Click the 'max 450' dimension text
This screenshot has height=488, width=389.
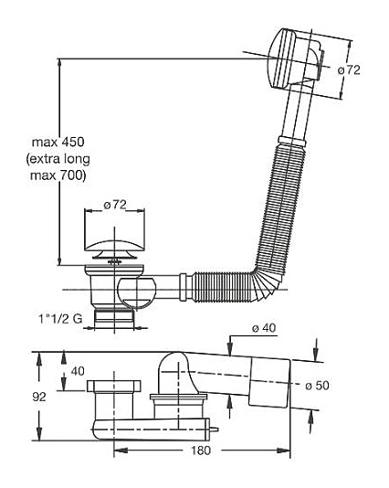(x=58, y=143)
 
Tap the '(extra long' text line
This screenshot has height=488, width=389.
(x=58, y=159)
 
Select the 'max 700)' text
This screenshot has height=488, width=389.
(x=58, y=175)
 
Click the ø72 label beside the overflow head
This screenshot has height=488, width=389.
(x=349, y=69)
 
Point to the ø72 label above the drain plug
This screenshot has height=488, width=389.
(x=115, y=205)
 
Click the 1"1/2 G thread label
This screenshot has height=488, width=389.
(x=60, y=318)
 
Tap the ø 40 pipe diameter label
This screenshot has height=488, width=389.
(x=264, y=328)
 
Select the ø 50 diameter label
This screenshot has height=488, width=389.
(x=317, y=386)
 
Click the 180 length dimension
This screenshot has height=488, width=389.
(x=201, y=450)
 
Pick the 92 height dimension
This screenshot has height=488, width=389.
(x=39, y=397)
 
